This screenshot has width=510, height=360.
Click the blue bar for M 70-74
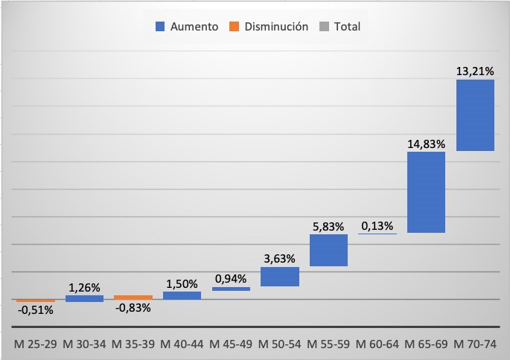(x=475, y=115)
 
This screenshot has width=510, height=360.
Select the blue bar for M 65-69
(x=426, y=193)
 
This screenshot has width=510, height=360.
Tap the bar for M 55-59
(x=328, y=251)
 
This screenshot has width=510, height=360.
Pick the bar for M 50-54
(x=280, y=277)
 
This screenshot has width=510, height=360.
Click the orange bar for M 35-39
(x=133, y=298)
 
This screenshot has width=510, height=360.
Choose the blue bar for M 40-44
(x=182, y=295)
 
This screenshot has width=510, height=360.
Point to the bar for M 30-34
(x=84, y=298)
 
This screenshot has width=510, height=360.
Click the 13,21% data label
(x=475, y=71)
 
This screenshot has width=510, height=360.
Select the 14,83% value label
(x=426, y=144)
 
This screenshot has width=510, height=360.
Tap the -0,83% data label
(x=133, y=308)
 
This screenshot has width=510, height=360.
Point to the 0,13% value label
(x=377, y=225)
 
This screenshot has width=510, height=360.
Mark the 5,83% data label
(x=328, y=226)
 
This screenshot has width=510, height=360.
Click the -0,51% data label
(x=35, y=310)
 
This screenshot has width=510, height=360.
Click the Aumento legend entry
(x=187, y=27)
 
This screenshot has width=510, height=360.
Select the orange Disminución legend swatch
(x=234, y=27)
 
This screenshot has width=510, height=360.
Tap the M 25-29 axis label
(x=35, y=344)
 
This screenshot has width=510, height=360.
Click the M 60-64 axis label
(x=377, y=344)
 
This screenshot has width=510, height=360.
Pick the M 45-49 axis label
(x=231, y=344)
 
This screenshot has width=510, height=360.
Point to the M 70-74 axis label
(x=475, y=344)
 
